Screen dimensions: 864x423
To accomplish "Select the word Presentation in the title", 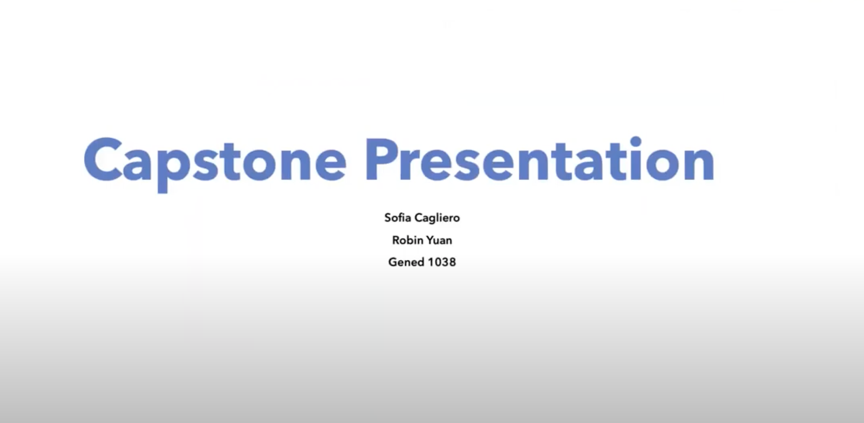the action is tap(540, 159).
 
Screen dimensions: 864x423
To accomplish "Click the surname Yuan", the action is tap(439, 240).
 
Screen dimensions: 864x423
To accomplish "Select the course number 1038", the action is tap(442, 262).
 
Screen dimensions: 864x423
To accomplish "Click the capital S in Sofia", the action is tap(388, 218).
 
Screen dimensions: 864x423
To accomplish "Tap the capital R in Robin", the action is tap(396, 240).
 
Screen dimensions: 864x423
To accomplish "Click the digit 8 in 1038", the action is tap(452, 262).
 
